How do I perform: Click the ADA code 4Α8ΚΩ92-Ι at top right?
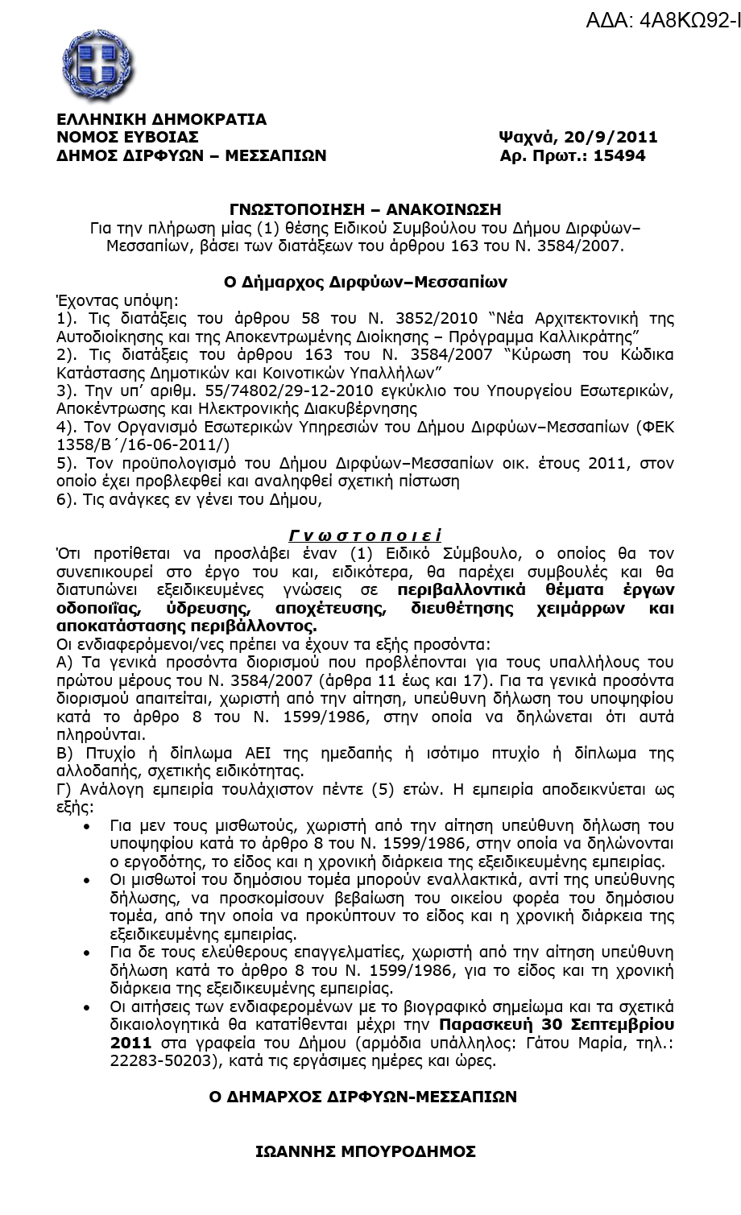[x=663, y=21]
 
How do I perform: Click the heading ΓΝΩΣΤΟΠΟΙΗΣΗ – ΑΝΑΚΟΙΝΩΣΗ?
[x=366, y=211]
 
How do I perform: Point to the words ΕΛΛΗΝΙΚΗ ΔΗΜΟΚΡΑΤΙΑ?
[x=161, y=119]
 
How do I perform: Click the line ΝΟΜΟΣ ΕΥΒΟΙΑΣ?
[x=127, y=137]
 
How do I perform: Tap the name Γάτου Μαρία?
[x=571, y=1043]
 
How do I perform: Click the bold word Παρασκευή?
[x=490, y=1025]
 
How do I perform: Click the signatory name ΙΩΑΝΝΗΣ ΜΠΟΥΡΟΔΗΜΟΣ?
[x=366, y=1151]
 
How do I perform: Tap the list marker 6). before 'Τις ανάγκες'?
[x=68, y=499]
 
